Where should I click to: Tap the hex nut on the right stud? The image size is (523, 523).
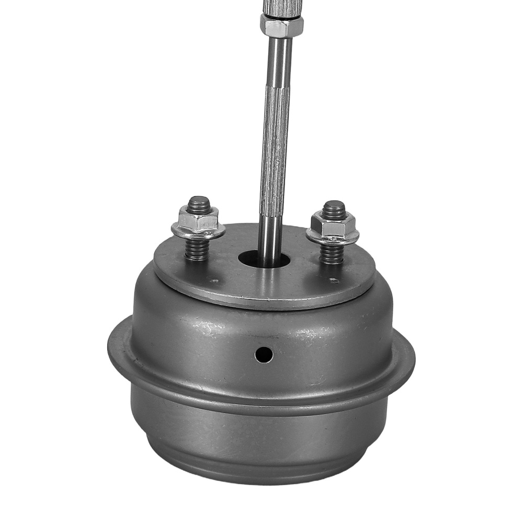[333, 225]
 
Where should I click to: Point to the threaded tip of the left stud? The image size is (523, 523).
[199, 202]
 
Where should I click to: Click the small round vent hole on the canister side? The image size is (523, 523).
[264, 355]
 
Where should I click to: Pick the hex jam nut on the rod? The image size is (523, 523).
[281, 25]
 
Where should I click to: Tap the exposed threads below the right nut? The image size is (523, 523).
[332, 254]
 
